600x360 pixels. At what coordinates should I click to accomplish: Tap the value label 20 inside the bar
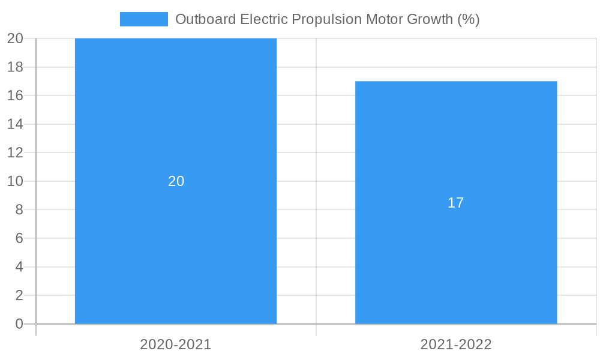176,181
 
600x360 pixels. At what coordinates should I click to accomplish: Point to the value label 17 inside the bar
456,203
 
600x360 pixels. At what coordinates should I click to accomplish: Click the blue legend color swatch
144,19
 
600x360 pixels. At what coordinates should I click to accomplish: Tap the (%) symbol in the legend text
468,19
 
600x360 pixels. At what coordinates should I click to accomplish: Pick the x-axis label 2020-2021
176,344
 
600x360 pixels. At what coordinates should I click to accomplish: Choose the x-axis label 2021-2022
456,344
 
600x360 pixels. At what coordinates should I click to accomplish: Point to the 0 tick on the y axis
19,324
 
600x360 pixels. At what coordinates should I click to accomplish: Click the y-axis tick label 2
19,295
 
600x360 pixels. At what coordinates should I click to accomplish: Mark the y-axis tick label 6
19,238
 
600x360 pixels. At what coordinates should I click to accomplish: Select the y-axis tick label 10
16,181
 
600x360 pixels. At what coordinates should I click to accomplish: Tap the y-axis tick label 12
16,152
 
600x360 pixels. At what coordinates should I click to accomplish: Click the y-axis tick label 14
16,124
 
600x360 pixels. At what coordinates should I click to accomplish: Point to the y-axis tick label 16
16,95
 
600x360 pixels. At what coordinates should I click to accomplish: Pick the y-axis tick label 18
16,67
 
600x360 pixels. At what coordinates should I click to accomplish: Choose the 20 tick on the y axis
16,38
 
